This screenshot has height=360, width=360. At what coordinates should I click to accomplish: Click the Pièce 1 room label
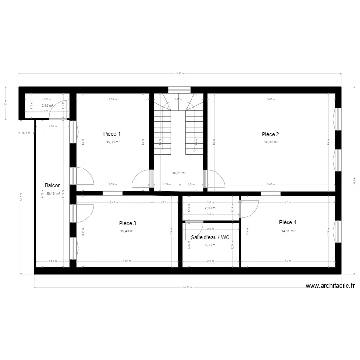coord(112,134)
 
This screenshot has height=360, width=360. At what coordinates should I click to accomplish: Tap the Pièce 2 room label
coord(270,134)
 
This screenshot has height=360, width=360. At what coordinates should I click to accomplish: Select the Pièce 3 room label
coord(128,223)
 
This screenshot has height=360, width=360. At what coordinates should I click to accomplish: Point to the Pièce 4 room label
coord(288,222)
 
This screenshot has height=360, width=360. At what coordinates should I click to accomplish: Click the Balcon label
coord(53,185)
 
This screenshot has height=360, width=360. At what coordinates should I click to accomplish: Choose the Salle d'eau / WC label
coord(210,237)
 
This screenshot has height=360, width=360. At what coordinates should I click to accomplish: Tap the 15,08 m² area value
coord(113,142)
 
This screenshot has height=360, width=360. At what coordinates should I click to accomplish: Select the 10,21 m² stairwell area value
coord(179,173)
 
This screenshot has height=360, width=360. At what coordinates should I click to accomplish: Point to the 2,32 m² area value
coord(47,106)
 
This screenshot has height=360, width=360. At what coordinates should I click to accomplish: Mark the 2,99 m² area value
coord(210,208)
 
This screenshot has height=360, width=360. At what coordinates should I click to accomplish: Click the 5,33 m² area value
coord(210,245)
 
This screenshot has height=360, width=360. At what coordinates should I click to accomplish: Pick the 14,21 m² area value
coord(288,231)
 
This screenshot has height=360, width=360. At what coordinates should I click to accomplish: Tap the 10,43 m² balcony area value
coord(53,194)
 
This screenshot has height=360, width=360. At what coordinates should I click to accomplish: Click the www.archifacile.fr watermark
coord(330,286)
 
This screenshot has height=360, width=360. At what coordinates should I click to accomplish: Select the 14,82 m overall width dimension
coord(180,73)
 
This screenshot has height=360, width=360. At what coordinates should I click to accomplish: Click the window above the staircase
coord(179,89)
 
